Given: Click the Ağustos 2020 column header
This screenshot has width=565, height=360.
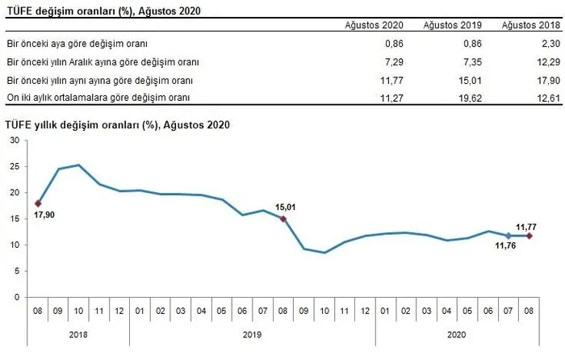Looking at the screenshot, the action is tap(374, 25).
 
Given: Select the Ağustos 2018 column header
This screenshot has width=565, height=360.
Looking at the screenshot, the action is tap(531, 25).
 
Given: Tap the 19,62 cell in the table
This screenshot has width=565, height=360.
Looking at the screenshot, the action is tap(471, 98).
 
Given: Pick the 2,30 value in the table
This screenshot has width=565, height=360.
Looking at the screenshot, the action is tap(551, 44).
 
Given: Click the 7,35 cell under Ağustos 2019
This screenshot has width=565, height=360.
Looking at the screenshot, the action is tap(472, 62).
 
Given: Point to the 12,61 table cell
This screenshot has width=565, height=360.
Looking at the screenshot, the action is tap(549, 98).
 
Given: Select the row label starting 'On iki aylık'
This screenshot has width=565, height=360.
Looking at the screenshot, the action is tap(98, 98).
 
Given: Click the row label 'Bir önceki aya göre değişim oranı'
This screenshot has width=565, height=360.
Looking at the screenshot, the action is tap(77, 44).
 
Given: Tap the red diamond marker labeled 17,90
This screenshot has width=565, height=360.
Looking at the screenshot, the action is tap(38, 203).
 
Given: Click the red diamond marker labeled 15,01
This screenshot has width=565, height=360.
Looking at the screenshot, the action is tap(283, 219).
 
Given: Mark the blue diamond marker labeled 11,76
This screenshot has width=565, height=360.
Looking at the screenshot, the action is tap(508, 236).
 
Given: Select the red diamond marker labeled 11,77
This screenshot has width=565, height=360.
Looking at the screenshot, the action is tap(529, 236).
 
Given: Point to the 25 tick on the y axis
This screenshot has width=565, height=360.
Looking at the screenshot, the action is tap(15, 166).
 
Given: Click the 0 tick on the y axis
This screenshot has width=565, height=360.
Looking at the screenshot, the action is tap(17, 297).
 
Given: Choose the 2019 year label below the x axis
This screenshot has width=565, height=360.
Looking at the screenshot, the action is tap(252, 335).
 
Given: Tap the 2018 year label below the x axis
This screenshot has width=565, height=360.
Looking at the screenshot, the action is tap(78, 335).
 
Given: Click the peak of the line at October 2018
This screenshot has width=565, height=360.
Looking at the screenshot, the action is tap(78, 165).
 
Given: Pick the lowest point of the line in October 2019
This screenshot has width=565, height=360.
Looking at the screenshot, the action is tap(324, 253).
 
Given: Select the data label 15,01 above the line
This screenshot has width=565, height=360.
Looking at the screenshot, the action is tap(286, 207).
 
